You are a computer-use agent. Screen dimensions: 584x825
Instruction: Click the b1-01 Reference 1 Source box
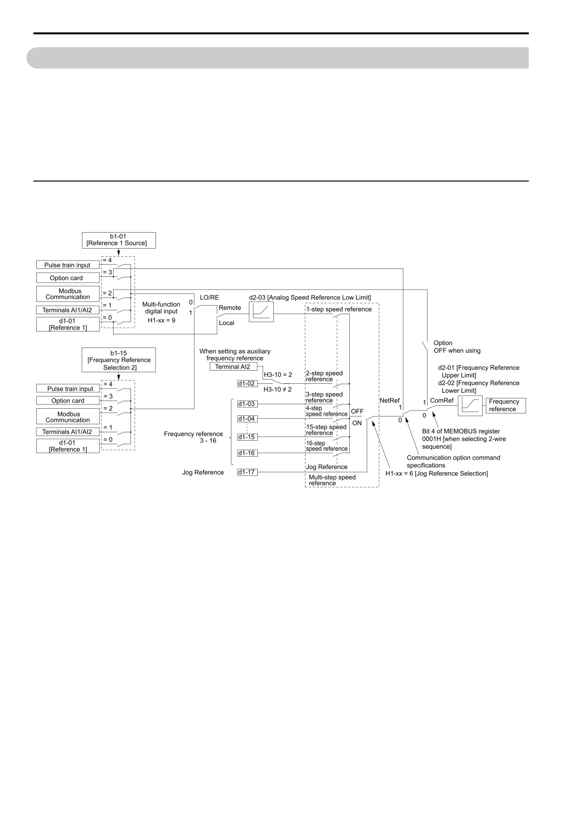coord(118,240)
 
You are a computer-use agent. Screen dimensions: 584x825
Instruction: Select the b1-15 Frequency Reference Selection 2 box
coord(118,360)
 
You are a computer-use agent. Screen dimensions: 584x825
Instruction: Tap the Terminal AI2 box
coord(233,367)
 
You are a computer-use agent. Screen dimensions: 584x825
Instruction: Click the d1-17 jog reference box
coord(247,472)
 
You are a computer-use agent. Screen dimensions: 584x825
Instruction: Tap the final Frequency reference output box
coord(506,405)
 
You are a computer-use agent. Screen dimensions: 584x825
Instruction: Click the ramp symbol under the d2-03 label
coord(261,312)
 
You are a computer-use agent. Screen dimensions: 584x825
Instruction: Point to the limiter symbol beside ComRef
coord(470,405)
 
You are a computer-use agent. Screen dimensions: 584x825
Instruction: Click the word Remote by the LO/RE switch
coord(230,307)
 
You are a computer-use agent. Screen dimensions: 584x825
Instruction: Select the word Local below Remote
coord(226,323)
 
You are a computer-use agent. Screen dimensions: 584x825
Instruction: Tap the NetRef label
coord(389,400)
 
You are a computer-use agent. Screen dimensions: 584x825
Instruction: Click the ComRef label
coord(442,400)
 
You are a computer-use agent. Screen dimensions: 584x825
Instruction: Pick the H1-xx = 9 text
coord(161,320)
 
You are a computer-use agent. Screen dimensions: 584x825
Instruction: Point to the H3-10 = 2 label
coord(278,375)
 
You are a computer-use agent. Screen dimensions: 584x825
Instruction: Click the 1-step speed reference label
coord(339,309)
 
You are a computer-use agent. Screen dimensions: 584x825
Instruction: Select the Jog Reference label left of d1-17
coord(203,472)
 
